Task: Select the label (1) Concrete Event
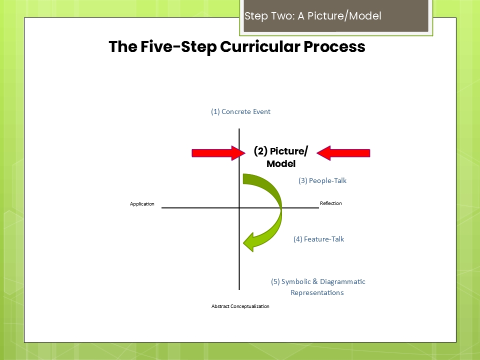[240, 112]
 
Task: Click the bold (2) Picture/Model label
[280, 157]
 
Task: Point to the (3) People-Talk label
[322, 180]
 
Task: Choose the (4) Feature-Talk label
[318, 239]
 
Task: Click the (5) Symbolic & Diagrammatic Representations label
[318, 287]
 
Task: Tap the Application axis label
[142, 204]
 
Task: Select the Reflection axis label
[330, 203]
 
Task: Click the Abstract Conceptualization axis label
[240, 306]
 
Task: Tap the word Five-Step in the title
[175, 47]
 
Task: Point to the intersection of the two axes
[239, 207]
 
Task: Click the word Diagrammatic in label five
[342, 281]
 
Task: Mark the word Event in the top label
[260, 112]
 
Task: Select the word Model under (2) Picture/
[280, 164]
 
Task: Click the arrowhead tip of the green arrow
[244, 243]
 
